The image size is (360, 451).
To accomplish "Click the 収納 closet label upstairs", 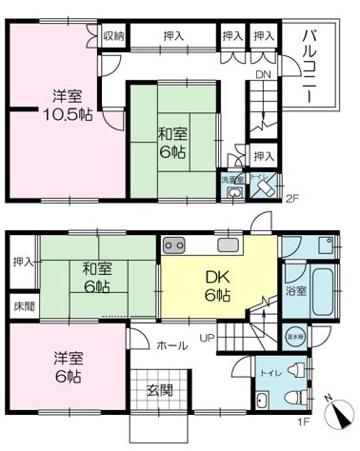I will coord(112,36).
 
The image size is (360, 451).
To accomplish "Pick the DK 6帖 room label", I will coord(216,286).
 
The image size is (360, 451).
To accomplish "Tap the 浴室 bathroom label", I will coord(297,291).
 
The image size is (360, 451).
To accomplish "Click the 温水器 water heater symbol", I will coord(296,336).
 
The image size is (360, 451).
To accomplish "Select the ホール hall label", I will coord(171,346).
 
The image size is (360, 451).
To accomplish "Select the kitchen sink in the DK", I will coord(230,246).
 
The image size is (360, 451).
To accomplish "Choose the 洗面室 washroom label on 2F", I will coord(232,179).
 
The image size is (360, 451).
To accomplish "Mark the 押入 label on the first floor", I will coord(22,261).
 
